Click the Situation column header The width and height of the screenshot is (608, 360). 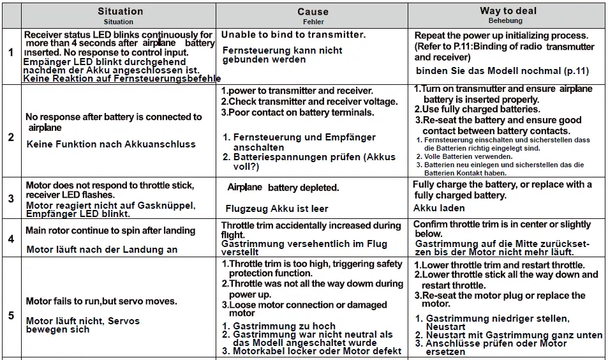[120, 11]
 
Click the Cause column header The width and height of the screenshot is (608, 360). [313, 11]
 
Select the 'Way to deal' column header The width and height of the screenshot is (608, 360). [508, 11]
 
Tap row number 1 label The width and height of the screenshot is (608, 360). [10, 52]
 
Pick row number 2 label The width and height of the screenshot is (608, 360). [10, 137]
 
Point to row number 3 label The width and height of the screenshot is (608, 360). [10, 199]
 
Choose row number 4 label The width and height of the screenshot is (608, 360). [10, 239]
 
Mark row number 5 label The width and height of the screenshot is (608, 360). [10, 315]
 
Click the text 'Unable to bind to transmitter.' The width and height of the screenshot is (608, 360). [293, 34]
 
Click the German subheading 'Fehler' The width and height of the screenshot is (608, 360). [313, 21]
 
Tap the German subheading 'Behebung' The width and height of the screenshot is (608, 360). [508, 21]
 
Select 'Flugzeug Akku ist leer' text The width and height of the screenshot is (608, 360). [277, 208]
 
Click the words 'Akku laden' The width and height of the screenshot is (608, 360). [439, 208]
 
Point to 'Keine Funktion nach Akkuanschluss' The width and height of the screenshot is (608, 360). [111, 144]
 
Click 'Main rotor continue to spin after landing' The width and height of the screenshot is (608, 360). [110, 230]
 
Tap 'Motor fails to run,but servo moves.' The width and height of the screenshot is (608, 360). [101, 301]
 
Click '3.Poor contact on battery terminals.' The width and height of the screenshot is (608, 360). [297, 112]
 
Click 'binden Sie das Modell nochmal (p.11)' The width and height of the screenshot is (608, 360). [502, 70]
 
